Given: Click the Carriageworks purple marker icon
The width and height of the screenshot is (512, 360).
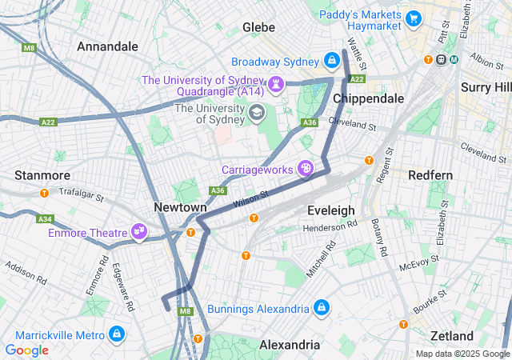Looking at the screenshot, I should click(x=305, y=168).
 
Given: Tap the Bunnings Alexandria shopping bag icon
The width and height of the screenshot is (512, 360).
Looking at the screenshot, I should click(x=321, y=308).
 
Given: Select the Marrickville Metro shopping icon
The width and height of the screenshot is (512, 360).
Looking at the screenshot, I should click(x=118, y=333).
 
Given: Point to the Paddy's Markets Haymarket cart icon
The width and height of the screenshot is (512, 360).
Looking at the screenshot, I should click(x=413, y=18).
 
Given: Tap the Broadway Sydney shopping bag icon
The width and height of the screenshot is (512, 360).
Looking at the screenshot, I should click(x=332, y=61).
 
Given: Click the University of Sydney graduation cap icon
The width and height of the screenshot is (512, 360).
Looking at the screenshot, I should click(x=255, y=112).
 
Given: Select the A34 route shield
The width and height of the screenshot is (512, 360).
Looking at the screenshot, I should click(x=45, y=218).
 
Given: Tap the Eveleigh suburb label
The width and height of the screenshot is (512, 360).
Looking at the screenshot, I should click(x=330, y=210).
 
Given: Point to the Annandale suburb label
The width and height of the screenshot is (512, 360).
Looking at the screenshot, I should click(x=107, y=46).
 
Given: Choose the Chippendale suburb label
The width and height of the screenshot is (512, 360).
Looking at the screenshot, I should click(x=367, y=98).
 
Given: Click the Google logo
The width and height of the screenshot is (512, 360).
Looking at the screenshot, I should click(x=26, y=350).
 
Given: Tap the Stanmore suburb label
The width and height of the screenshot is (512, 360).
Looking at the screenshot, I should click(x=42, y=174).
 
